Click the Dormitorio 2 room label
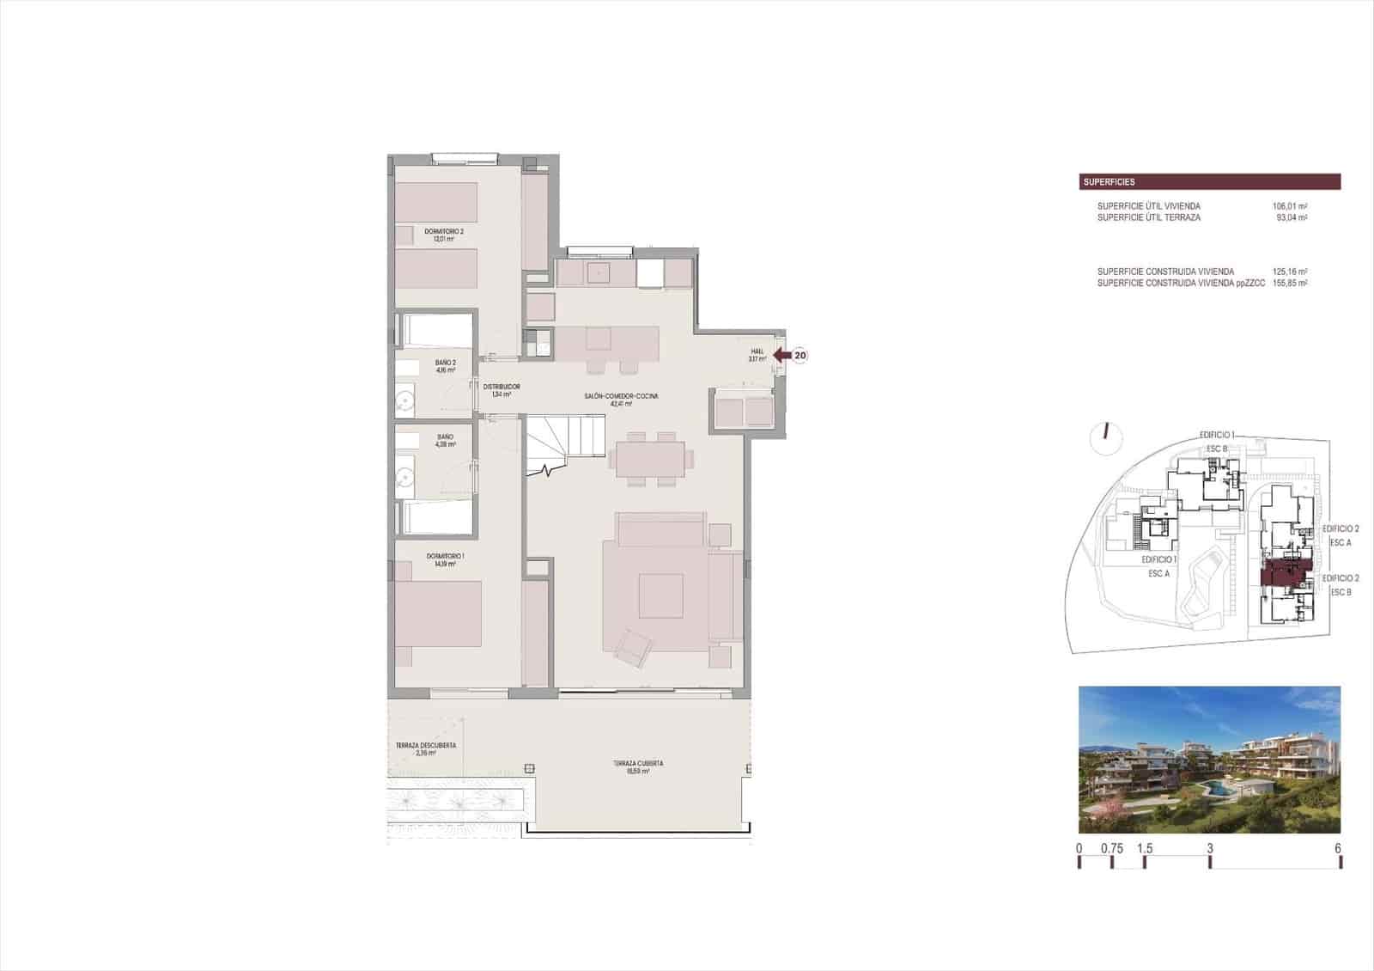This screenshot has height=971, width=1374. (443, 235)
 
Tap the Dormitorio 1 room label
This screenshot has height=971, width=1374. (445, 559)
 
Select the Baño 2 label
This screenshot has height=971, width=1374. (445, 366)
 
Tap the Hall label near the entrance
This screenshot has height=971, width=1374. (757, 355)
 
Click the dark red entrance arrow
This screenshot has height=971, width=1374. (781, 355)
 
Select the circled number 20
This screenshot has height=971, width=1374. (799, 355)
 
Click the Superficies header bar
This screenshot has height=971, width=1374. (1209, 182)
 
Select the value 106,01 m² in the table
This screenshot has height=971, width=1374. (1289, 206)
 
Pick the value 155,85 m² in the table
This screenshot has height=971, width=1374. (1289, 283)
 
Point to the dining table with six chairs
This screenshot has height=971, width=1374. (648, 458)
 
